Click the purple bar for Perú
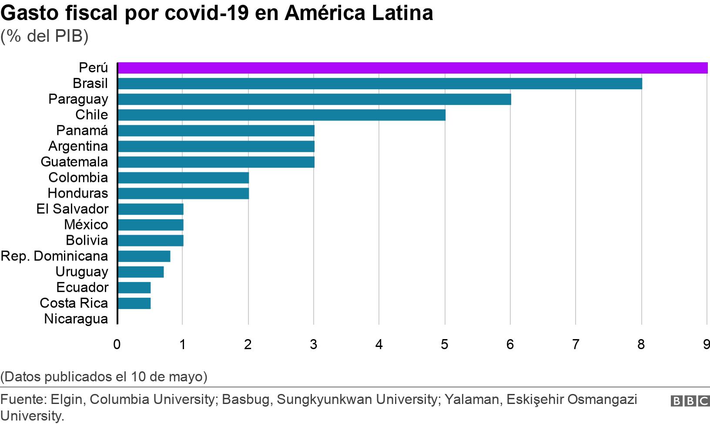pyautogui.click(x=412, y=68)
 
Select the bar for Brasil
pyautogui.click(x=379, y=84)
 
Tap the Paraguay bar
pyautogui.click(x=314, y=99)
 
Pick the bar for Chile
pyautogui.click(x=281, y=115)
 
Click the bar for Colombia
pyautogui.click(x=183, y=178)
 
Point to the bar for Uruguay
pyautogui.click(x=141, y=272)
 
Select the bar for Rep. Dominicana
pyautogui.click(x=144, y=256)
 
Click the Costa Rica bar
pyautogui.click(x=134, y=303)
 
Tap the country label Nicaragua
pyautogui.click(x=76, y=319)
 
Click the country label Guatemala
pyautogui.click(x=74, y=162)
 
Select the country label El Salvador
pyautogui.click(x=72, y=209)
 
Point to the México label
pyautogui.click(x=86, y=225)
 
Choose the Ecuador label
pyautogui.click(x=82, y=287)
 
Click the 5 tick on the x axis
pyautogui.click(x=444, y=345)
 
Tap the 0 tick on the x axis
pyautogui.click(x=117, y=345)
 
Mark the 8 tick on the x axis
pyautogui.click(x=641, y=345)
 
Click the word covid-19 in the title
pyautogui.click(x=207, y=13)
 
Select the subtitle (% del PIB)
pyautogui.click(x=44, y=36)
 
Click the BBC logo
pyautogui.click(x=690, y=401)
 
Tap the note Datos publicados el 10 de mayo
pyautogui.click(x=104, y=377)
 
